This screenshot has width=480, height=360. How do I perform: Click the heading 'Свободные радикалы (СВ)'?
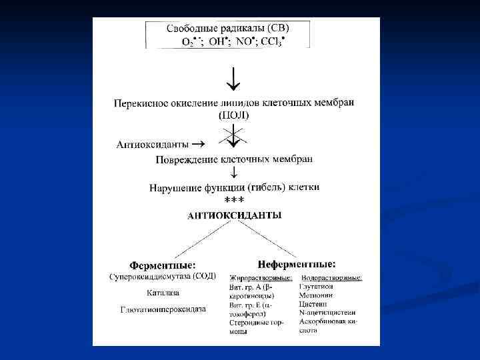pos(228,29)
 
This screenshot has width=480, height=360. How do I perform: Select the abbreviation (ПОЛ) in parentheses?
pos(233,115)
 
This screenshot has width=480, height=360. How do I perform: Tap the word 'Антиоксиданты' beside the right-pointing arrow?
pos(152,143)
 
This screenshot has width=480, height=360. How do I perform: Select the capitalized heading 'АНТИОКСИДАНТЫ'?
pos(234,215)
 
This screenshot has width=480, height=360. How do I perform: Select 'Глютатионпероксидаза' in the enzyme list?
pos(163,309)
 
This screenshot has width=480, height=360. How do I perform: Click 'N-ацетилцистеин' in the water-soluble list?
pos(329,311)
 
